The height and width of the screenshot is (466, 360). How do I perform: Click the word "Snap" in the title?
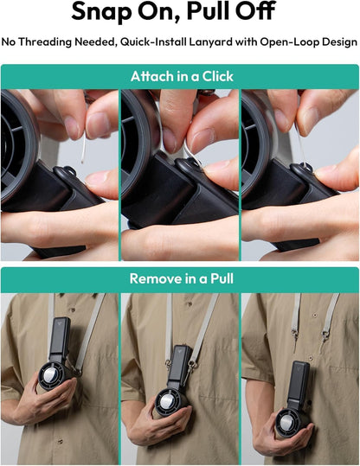pos(102,11)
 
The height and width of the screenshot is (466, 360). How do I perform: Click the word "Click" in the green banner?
pos(217,77)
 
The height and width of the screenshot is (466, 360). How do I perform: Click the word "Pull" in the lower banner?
pos(222,278)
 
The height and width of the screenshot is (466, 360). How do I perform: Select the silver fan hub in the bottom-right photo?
pos(287,423)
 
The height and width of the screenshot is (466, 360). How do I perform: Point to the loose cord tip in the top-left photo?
pos(82,162)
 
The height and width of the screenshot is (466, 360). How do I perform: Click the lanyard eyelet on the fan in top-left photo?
pos(69,171)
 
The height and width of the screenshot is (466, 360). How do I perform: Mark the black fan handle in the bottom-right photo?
pos(298,385)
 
